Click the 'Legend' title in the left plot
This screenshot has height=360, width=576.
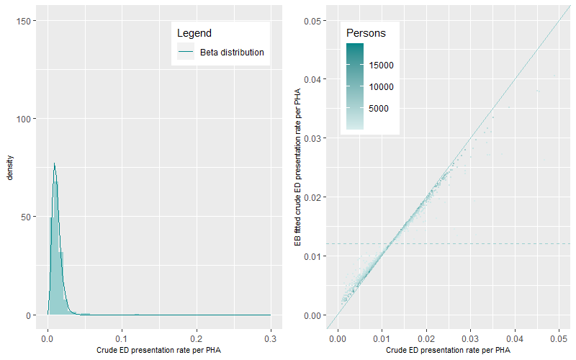tap(194, 33)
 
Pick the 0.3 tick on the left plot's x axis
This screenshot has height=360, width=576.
tap(271, 336)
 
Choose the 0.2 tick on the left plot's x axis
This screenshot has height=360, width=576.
tap(197, 336)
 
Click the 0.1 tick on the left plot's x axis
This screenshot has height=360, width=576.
tap(122, 336)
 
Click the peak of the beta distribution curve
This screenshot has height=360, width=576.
tap(54, 163)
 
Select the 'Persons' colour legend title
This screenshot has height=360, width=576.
tap(366, 33)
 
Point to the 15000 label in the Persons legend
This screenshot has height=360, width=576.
tap(382, 66)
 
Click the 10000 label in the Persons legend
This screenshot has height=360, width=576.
tap(382, 87)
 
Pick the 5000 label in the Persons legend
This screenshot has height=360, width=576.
tap(384, 109)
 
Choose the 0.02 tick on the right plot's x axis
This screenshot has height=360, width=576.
tap(427, 336)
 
